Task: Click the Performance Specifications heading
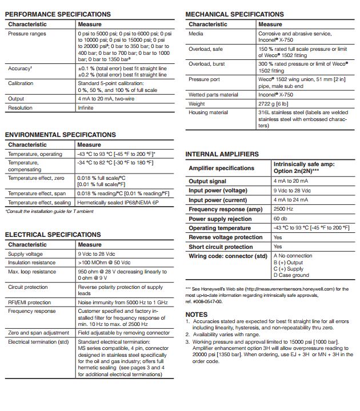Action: coord(58,14)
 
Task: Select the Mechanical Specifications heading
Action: coord(234,14)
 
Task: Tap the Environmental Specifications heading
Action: coord(60,135)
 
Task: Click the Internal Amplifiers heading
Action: coord(222,154)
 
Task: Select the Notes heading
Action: coord(197,315)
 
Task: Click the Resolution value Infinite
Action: coord(86,107)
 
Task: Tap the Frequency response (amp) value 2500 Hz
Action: coord(283,209)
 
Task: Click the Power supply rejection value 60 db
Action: coord(280,219)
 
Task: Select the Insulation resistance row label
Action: coord(32,262)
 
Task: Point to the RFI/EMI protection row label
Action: coord(29,303)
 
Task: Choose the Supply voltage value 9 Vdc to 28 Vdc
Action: coord(97,253)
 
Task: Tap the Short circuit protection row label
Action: coord(221,247)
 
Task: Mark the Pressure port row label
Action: coord(204,79)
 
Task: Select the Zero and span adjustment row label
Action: coord(38,332)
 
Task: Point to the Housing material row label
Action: coord(208,112)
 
